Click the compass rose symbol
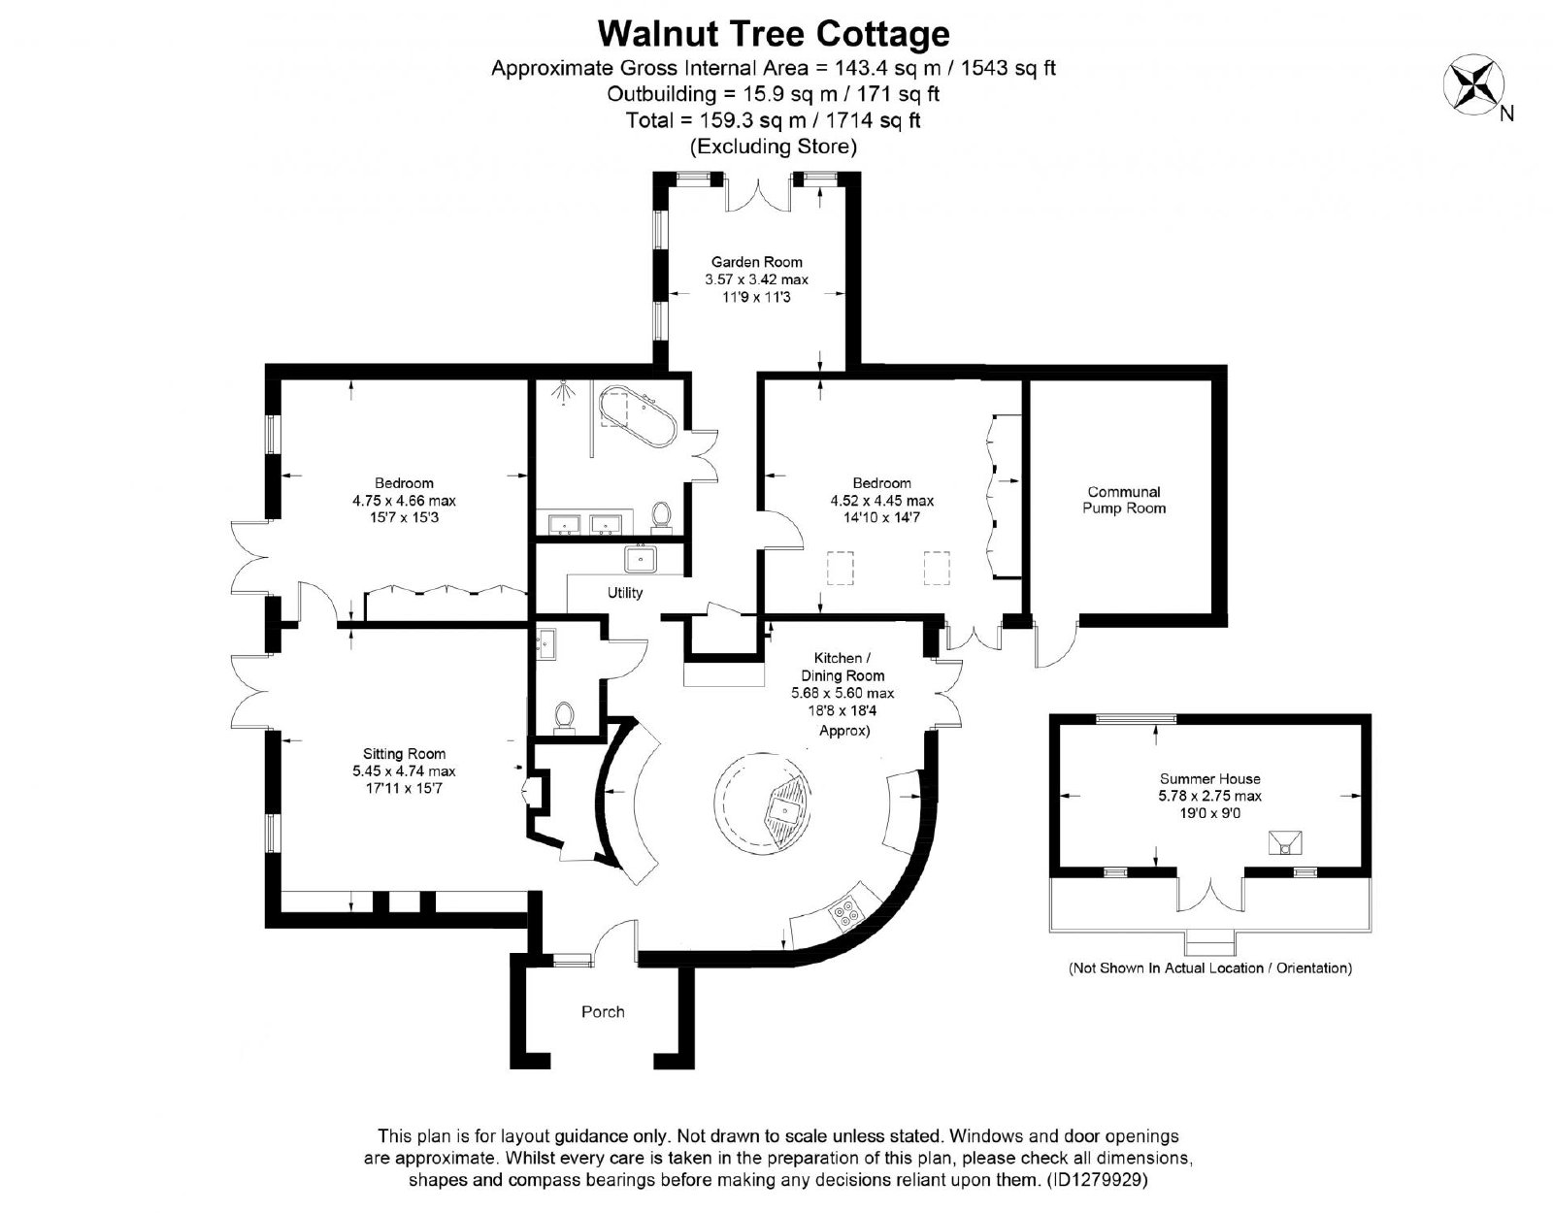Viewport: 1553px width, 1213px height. pos(1473,83)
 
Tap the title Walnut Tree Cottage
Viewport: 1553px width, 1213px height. pos(774,33)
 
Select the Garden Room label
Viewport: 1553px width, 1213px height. pos(756,261)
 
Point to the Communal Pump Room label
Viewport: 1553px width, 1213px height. pos(1123,500)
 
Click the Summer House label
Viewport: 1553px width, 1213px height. pos(1209,778)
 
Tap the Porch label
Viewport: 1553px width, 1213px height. pos(603,1011)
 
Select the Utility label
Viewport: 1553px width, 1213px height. pos(625,592)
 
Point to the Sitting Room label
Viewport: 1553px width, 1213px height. pos(404,753)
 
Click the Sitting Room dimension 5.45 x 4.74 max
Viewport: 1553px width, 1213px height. pos(404,770)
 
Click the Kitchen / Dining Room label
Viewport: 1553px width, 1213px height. pos(843,666)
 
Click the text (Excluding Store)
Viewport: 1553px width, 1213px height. pos(774,147)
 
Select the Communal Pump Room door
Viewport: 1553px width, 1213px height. pos(1055,644)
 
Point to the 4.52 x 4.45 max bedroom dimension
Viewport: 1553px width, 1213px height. pos(882,500)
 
